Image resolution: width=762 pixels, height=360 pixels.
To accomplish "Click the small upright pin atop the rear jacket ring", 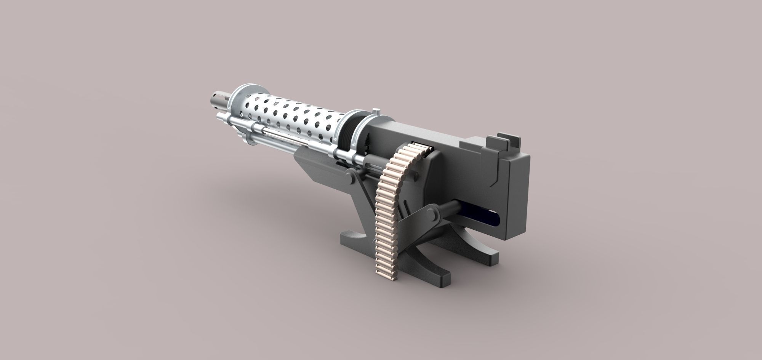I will coord(376,112).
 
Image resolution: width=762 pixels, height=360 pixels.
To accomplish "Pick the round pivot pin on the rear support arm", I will coord(433,216).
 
